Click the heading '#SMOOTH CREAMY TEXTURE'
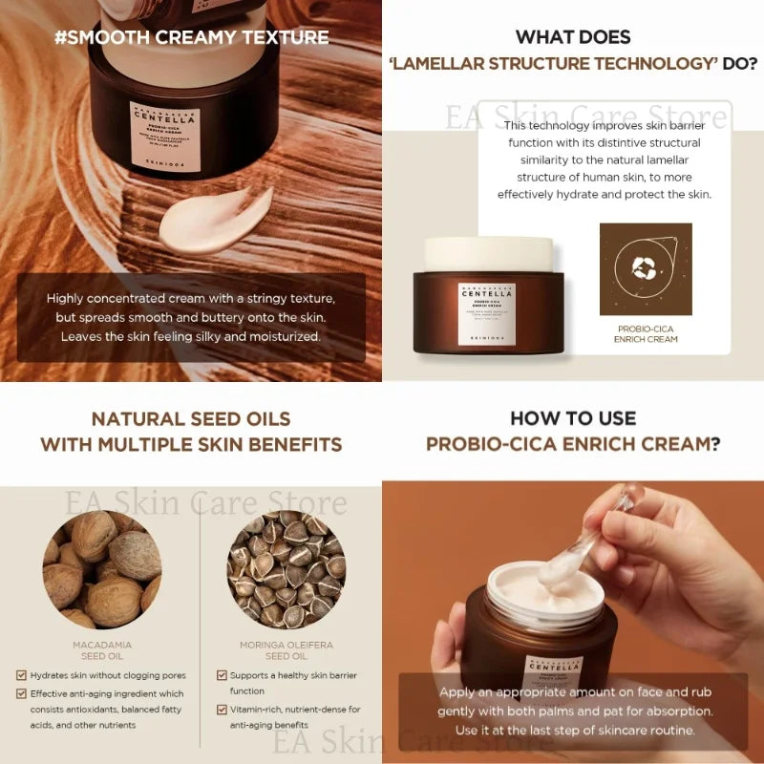(x=191, y=38)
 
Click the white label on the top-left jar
(x=164, y=135)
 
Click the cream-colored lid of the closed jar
(x=489, y=254)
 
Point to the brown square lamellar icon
(x=646, y=269)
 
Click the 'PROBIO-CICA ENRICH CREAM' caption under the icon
(x=647, y=334)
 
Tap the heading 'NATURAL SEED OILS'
(x=191, y=418)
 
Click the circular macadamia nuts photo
(x=102, y=570)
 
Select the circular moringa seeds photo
(x=286, y=570)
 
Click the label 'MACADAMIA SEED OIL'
(x=102, y=650)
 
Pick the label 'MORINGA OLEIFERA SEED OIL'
(x=286, y=650)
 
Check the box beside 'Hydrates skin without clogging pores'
(x=21, y=675)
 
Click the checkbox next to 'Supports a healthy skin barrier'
(x=222, y=675)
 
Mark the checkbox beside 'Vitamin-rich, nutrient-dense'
(x=222, y=710)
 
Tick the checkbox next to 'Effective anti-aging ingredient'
(x=21, y=694)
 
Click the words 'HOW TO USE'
(x=573, y=418)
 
